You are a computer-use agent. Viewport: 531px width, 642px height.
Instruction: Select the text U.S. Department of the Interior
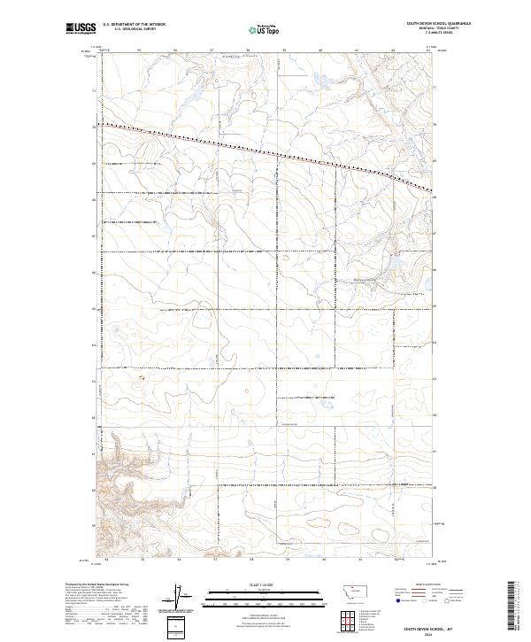134,24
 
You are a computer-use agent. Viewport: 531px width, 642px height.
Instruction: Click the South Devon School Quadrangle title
438,24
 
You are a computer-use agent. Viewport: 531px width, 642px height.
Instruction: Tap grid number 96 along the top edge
175,50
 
